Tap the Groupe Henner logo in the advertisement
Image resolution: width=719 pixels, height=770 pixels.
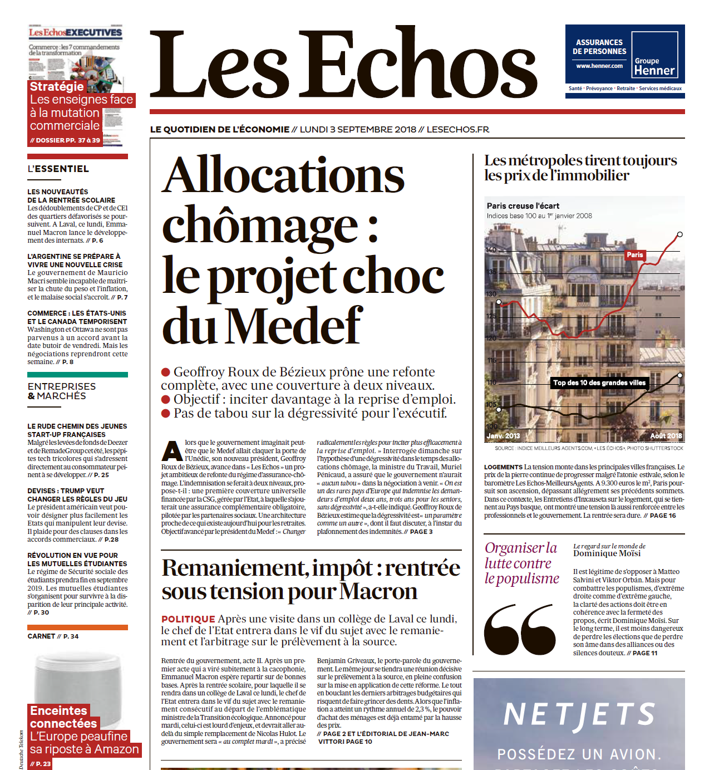tap(654, 66)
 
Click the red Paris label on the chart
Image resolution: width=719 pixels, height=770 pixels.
tap(635, 255)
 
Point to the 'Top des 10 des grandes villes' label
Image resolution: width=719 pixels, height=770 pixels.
tap(599, 382)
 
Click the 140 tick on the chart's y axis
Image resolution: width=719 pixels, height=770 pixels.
tap(491, 250)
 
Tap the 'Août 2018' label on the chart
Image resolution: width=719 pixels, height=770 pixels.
tap(666, 436)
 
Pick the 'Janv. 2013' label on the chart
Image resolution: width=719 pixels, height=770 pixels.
tap(504, 436)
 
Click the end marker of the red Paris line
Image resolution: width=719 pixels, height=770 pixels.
tap(679, 234)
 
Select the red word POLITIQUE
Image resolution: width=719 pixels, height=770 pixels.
tap(188, 619)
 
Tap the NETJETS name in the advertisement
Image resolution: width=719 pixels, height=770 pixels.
tap(579, 715)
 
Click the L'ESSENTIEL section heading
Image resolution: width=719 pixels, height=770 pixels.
tap(58, 169)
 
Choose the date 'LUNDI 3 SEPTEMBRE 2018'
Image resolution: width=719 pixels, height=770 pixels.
tap(358, 130)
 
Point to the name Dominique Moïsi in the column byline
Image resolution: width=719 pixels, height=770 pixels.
tap(607, 553)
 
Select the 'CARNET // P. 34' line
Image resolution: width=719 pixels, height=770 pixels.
tap(53, 636)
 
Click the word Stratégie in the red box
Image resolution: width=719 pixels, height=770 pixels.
tap(57, 86)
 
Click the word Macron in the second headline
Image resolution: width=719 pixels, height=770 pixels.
tap(378, 591)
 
